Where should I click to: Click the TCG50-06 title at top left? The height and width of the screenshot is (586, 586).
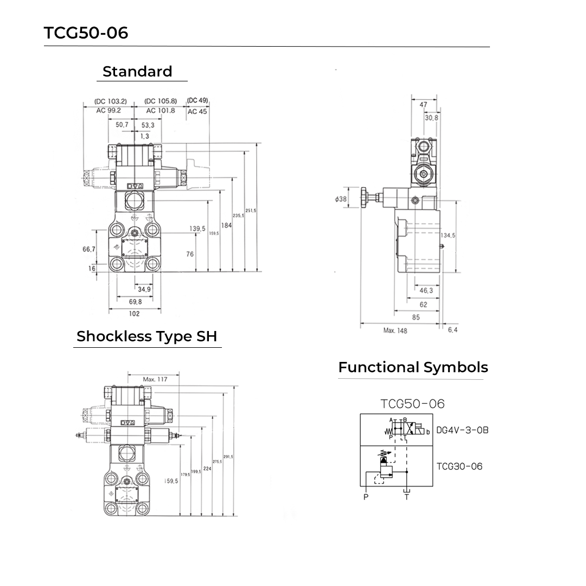click(86, 33)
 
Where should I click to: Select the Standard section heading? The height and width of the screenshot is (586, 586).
click(137, 72)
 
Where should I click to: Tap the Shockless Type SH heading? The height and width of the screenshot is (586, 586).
click(146, 336)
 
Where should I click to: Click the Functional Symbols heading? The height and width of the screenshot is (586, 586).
click(413, 367)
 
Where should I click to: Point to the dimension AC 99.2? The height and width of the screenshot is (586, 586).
click(108, 110)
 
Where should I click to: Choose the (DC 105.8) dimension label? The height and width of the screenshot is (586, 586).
click(161, 101)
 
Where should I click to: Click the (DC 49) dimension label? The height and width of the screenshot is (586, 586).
click(198, 100)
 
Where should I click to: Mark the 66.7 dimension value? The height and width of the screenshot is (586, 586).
click(89, 249)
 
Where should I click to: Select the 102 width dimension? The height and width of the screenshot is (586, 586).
click(134, 314)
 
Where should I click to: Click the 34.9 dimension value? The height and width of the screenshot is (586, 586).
click(144, 289)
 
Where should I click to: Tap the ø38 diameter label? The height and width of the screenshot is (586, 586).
click(341, 200)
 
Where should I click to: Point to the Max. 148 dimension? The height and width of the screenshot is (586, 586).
click(395, 330)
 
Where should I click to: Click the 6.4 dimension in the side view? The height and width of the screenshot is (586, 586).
click(452, 330)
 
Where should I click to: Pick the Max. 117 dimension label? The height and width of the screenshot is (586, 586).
click(155, 379)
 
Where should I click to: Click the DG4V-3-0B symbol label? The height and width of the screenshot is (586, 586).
click(462, 430)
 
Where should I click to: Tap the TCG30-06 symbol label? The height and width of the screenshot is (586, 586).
click(459, 466)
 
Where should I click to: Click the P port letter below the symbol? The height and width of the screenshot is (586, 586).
click(366, 497)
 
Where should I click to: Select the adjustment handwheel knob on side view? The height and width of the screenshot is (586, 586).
click(364, 199)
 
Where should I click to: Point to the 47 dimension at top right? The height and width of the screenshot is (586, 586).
click(424, 105)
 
